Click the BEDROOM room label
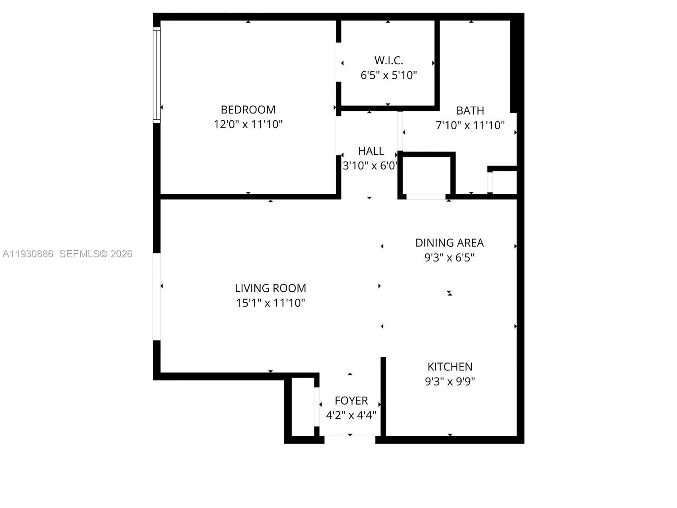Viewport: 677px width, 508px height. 248,110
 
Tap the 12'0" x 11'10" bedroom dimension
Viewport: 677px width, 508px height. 248,124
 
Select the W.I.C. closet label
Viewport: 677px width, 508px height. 388,61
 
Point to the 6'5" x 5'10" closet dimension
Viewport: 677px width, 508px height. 388,75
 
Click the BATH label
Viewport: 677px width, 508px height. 470,110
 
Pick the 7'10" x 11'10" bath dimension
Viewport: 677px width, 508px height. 470,125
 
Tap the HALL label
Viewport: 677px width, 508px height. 371,151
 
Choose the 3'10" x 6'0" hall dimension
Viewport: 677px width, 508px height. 370,166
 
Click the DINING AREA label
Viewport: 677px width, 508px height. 449,243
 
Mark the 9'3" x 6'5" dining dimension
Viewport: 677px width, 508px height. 449,257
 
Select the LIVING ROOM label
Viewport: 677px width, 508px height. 270,288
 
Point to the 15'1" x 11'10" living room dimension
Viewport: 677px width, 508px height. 270,303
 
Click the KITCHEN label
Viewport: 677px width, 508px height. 450,367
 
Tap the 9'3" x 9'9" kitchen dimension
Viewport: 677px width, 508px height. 450,381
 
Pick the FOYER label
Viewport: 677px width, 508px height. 351,400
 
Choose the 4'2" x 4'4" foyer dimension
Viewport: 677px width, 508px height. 351,415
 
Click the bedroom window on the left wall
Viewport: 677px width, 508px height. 157,75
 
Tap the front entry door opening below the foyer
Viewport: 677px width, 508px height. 350,439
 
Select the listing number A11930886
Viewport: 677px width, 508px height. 28,254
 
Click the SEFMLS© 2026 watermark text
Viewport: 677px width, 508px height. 96,254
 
